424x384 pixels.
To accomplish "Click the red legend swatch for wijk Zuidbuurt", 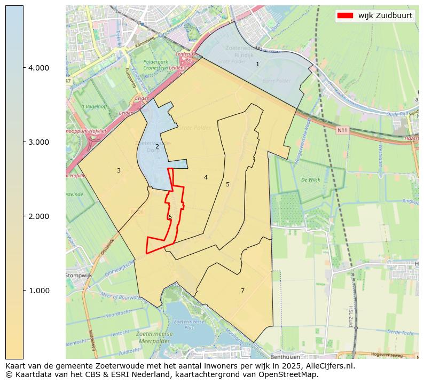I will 346,15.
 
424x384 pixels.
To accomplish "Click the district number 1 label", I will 257,64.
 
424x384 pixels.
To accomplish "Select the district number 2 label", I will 157,146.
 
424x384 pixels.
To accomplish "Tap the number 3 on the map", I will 119,171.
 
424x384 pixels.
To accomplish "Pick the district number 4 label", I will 206,177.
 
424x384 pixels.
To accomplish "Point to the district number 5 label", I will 227,184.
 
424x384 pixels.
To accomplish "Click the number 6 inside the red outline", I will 170,217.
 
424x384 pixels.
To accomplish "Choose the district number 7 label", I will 242,291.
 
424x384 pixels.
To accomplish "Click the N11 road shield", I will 342,130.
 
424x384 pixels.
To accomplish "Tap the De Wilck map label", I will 310,180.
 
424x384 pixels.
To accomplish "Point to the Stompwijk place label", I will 79,275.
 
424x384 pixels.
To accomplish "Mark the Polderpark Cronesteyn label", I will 156,65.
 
